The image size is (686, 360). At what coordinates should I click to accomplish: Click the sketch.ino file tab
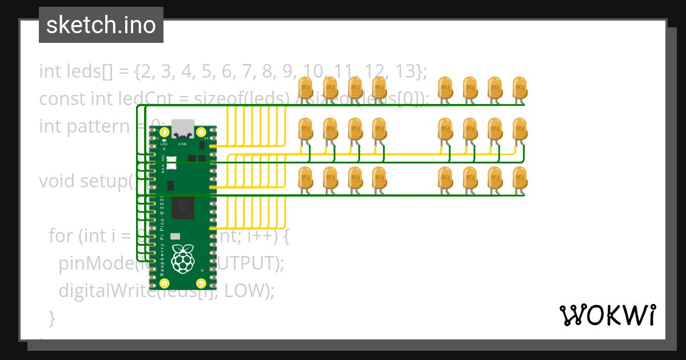point(101,25)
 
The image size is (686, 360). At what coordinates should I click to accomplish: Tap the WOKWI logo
point(607,315)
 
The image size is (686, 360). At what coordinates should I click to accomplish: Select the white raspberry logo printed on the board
point(182,258)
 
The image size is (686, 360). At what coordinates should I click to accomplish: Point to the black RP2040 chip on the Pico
point(183,206)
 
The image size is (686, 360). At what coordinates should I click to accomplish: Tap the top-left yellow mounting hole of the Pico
point(165,133)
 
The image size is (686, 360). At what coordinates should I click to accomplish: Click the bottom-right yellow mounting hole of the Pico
point(201,283)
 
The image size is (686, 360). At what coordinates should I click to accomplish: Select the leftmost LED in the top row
point(305,87)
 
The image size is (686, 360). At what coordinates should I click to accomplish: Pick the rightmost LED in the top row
point(519,87)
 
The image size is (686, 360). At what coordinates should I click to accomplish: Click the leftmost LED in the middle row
point(305,129)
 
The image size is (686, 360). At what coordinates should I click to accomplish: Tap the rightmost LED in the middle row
point(519,129)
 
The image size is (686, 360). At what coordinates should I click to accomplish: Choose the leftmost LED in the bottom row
point(305,178)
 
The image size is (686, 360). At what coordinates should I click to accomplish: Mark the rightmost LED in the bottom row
point(519,178)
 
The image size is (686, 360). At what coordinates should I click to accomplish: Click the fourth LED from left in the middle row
point(379,129)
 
